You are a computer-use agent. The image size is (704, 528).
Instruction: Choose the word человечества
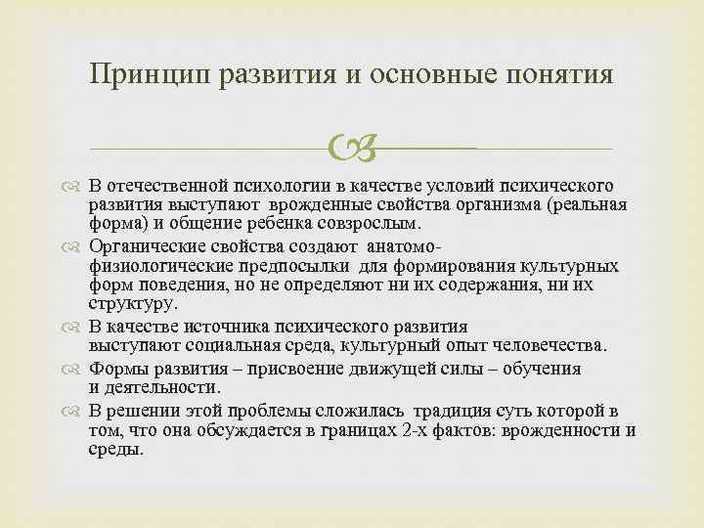click(x=551, y=346)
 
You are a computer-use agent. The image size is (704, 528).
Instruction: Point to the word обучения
click(x=540, y=369)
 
